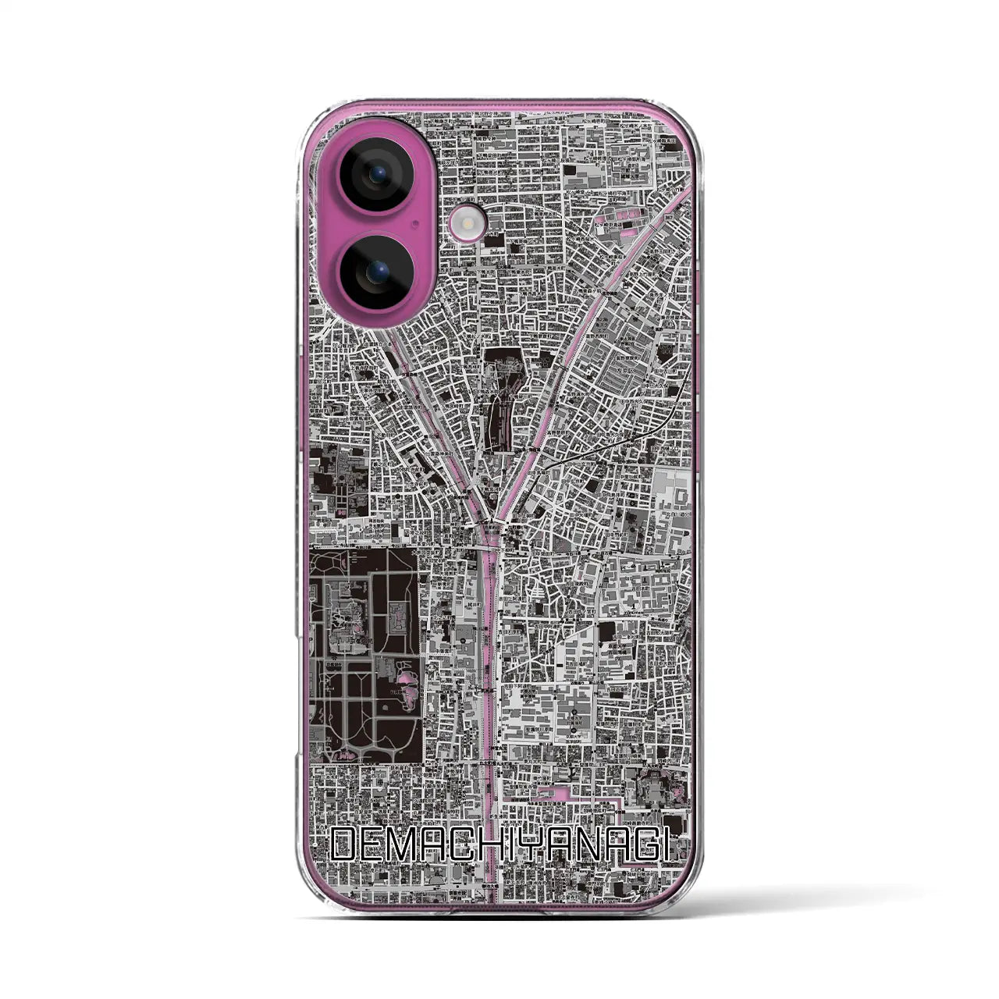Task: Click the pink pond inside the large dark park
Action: pos(407,686)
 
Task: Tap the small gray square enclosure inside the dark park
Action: pos(396,624)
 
